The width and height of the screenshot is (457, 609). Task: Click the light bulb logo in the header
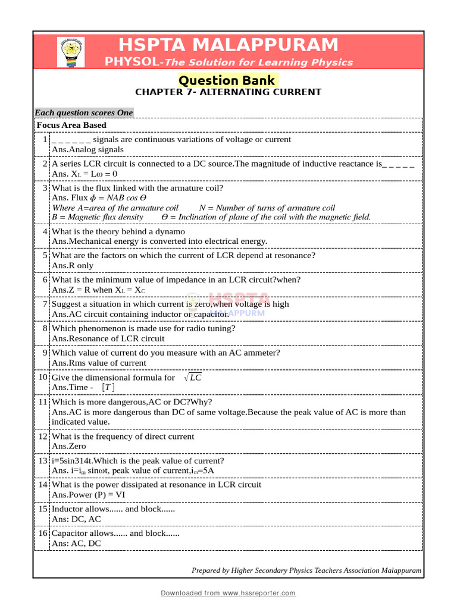click(70, 52)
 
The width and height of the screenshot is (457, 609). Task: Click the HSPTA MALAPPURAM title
click(228, 45)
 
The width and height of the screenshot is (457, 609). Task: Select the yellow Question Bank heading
click(228, 80)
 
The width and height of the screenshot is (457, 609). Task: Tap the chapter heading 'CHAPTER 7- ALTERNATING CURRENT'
click(228, 92)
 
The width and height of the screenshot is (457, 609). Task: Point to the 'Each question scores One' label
click(84, 112)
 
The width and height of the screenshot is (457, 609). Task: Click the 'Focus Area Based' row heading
click(71, 125)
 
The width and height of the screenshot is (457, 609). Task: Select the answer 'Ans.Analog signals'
click(88, 150)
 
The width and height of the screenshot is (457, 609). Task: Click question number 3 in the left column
click(45, 188)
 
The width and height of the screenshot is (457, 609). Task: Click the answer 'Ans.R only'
click(73, 265)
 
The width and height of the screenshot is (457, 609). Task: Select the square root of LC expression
click(193, 378)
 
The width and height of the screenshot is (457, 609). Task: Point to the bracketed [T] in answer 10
click(108, 387)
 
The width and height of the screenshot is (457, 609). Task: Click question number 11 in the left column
click(43, 402)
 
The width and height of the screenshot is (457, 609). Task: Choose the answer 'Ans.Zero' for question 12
click(69, 446)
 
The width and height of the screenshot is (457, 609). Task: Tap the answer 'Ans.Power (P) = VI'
click(89, 494)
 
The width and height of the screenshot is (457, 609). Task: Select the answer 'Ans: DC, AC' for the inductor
click(77, 519)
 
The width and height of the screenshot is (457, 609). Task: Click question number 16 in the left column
click(43, 533)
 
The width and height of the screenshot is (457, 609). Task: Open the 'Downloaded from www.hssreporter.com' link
click(228, 593)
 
